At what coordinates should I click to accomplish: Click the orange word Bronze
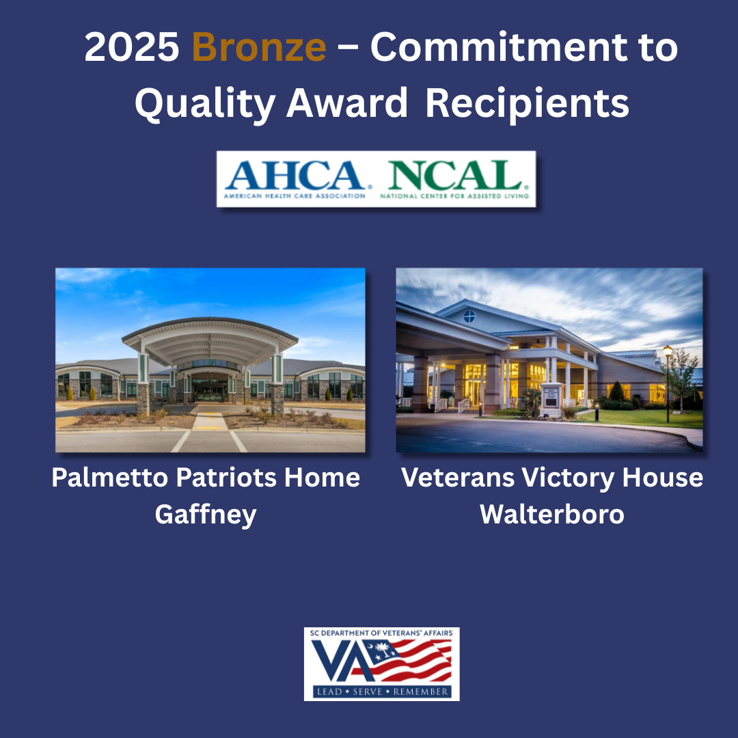click(x=259, y=47)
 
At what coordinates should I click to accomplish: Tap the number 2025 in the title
click(x=132, y=47)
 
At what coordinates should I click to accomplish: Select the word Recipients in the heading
click(x=527, y=105)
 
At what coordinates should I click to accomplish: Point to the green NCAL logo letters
click(x=455, y=175)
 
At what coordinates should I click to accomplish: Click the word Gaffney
click(x=206, y=515)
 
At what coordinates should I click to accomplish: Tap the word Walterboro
click(x=551, y=514)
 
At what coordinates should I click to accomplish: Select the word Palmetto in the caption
click(x=109, y=478)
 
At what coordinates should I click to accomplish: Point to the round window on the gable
click(x=469, y=316)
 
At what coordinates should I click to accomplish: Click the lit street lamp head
click(x=668, y=351)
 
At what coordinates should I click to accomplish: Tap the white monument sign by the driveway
click(x=551, y=399)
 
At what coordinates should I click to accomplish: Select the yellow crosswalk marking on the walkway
click(x=209, y=428)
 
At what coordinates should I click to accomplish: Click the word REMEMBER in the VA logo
click(x=421, y=692)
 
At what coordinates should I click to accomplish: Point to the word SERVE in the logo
click(x=367, y=692)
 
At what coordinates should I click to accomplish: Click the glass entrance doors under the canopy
click(x=210, y=391)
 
